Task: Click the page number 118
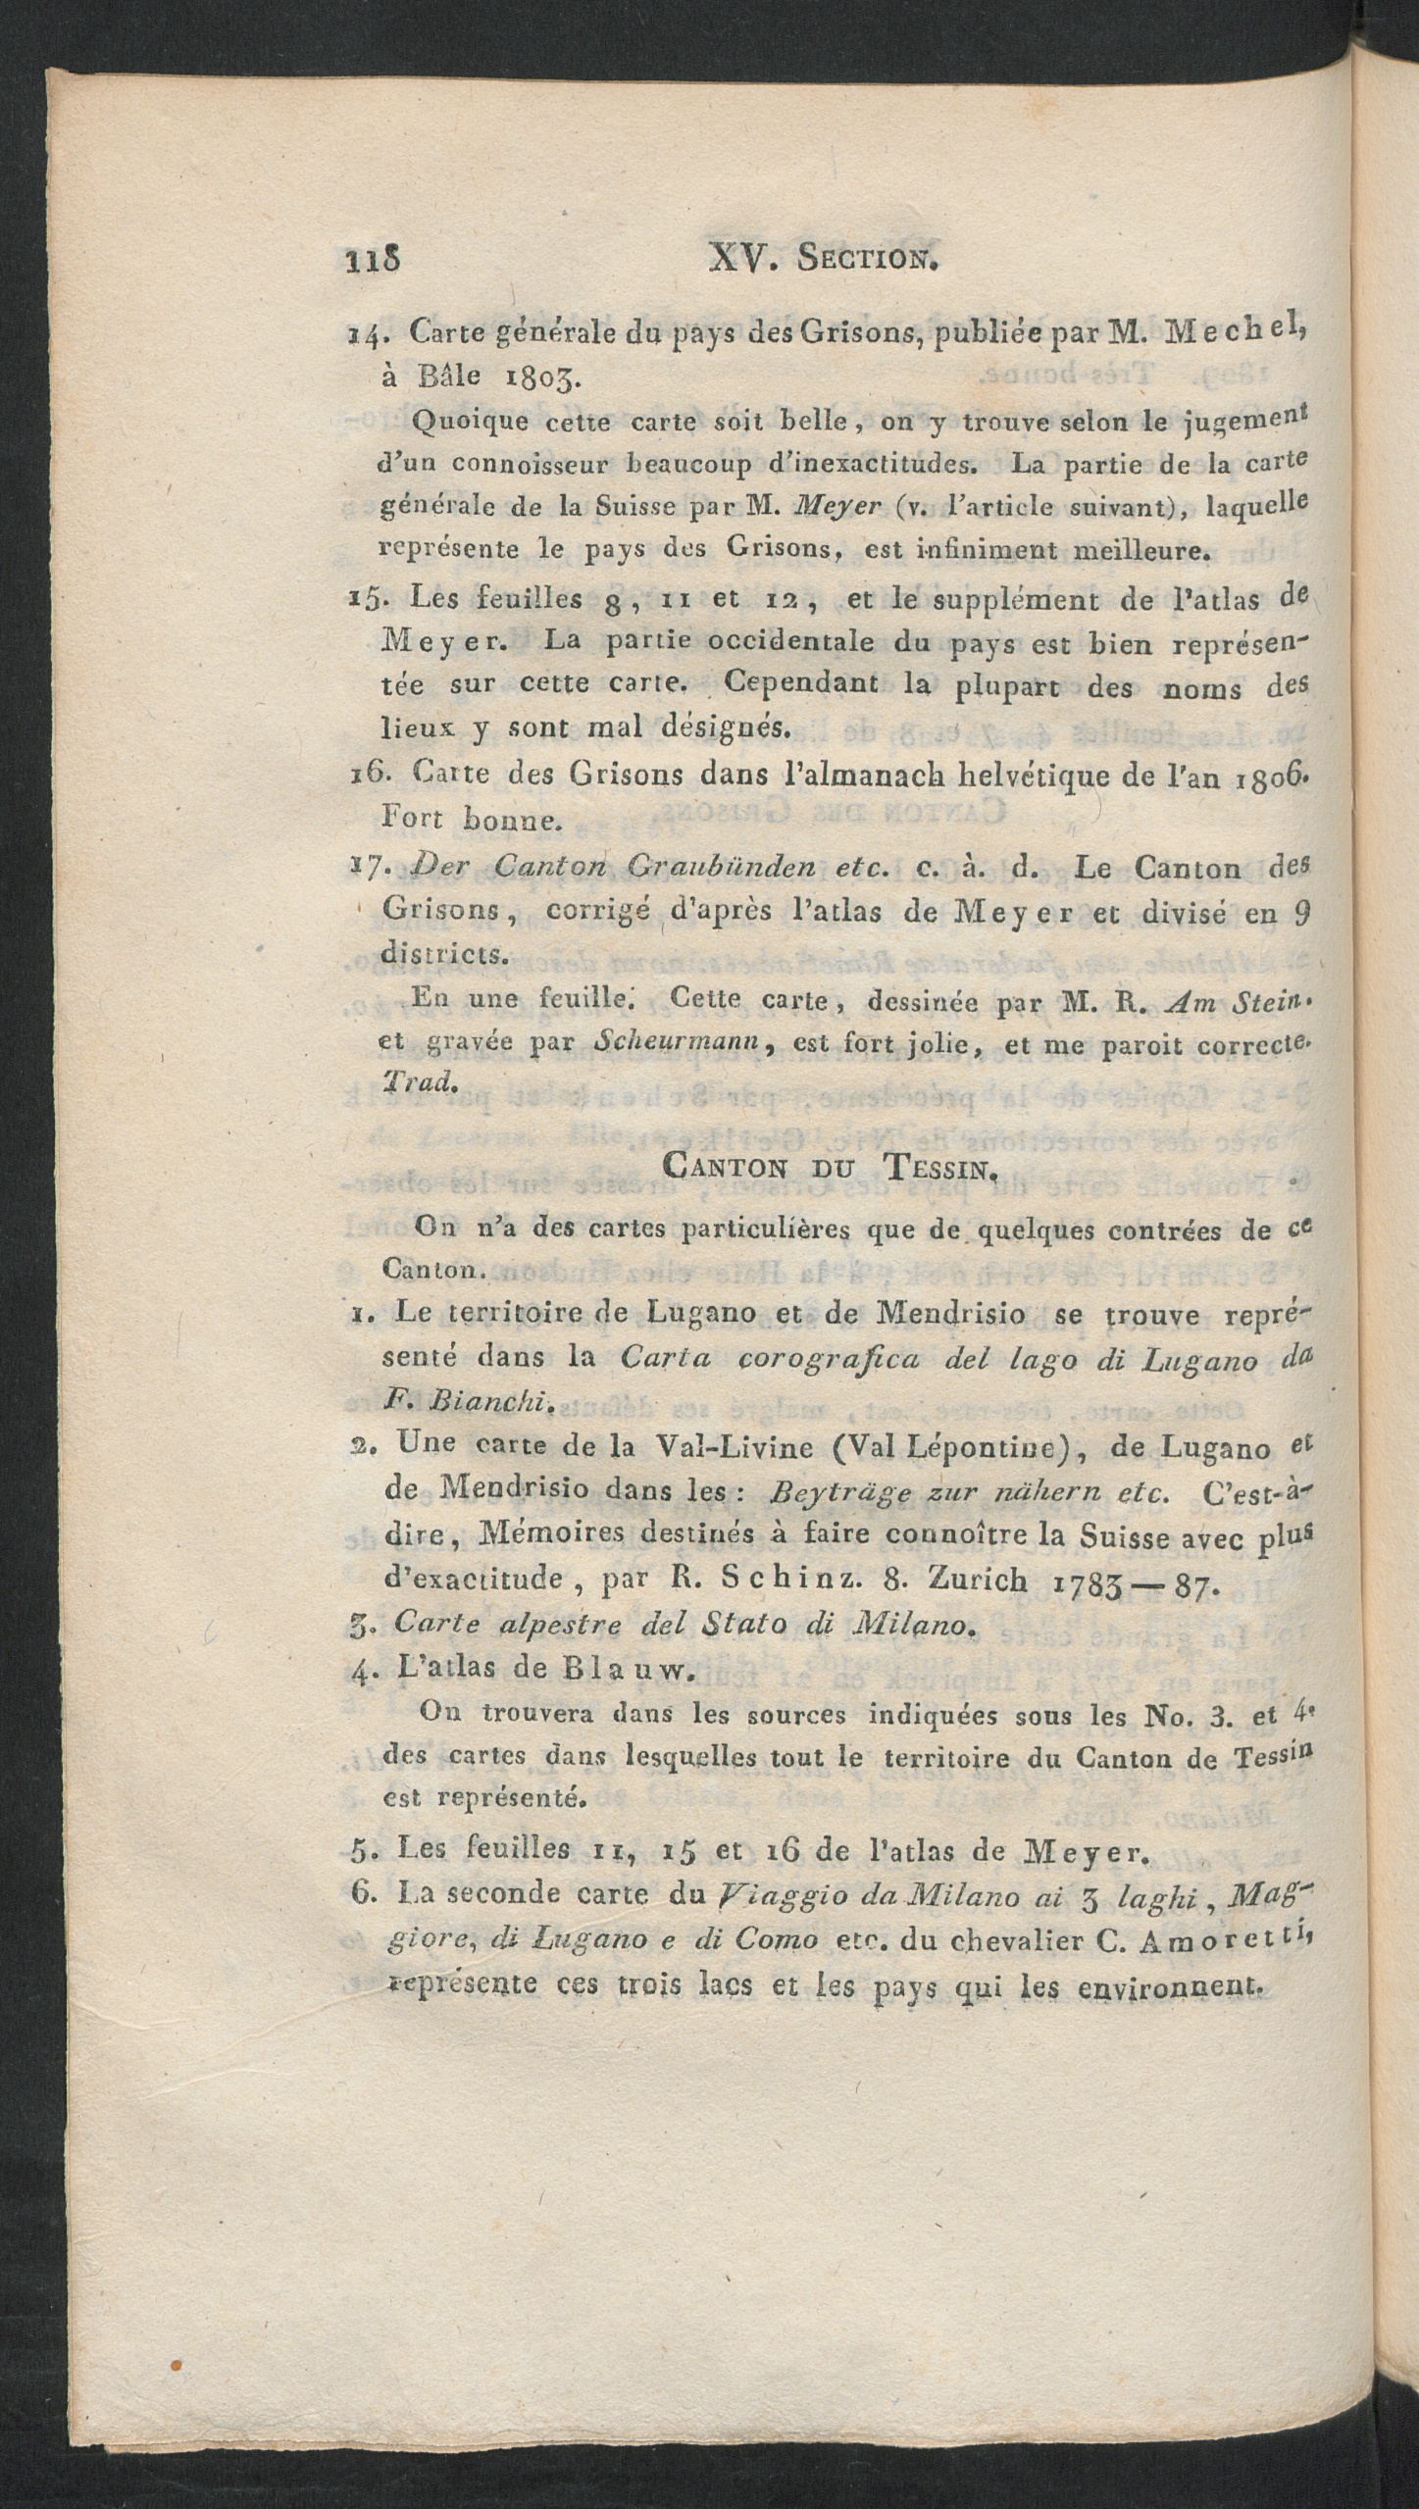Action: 372,261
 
